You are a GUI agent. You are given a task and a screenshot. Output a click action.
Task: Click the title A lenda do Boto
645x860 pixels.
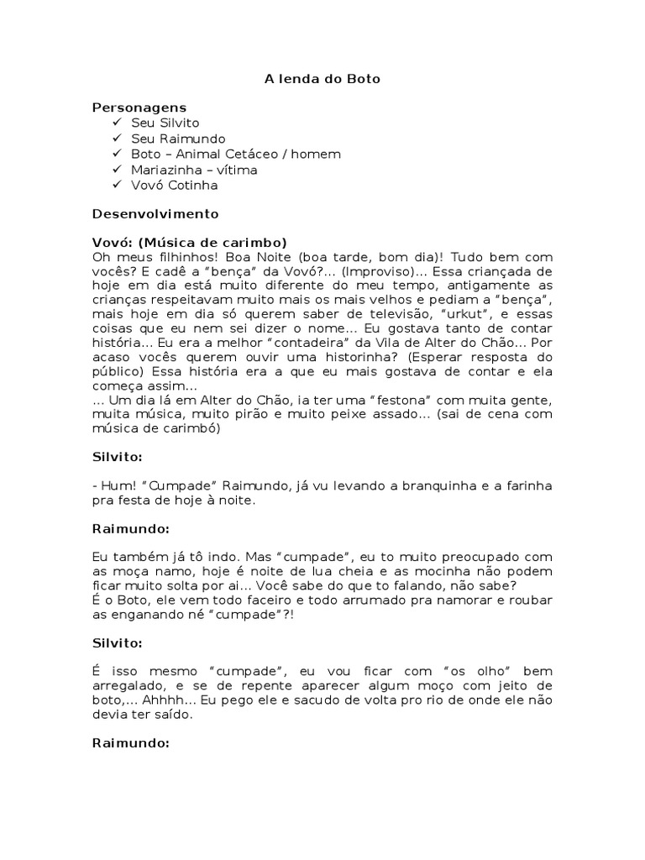[322, 79]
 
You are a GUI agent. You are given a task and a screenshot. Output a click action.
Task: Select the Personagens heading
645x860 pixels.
[139, 107]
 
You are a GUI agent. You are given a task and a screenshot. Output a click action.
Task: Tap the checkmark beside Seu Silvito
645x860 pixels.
[116, 123]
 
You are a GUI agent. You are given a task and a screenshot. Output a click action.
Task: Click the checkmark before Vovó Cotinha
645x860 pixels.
[116, 185]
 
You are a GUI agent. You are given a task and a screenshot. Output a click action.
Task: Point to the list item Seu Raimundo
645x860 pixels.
[178, 139]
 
